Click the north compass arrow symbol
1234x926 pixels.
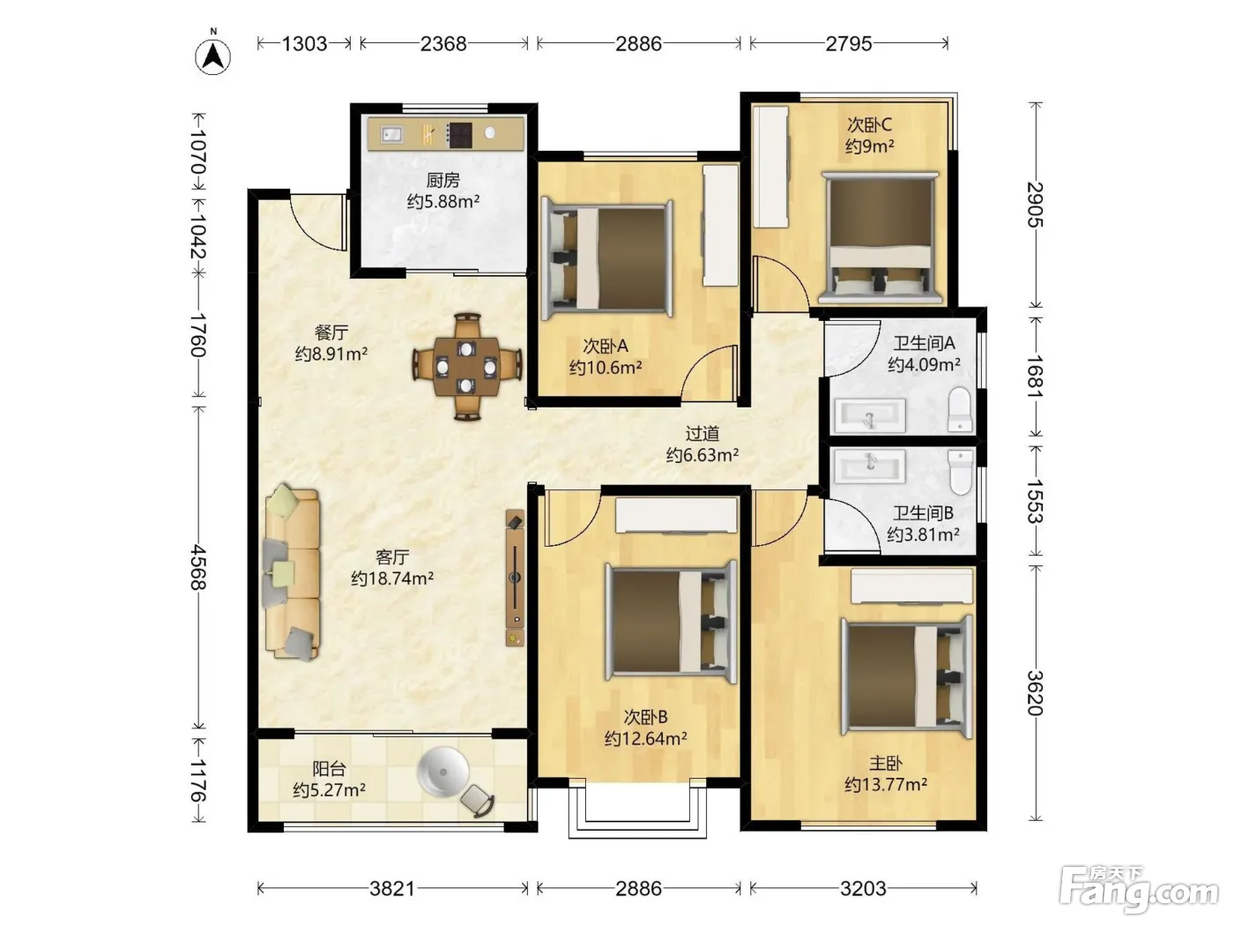(x=213, y=55)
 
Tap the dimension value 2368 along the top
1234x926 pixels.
(x=443, y=44)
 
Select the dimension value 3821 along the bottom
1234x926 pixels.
(x=392, y=888)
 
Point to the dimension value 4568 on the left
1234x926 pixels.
(x=198, y=567)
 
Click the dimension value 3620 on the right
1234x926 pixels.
(x=1035, y=693)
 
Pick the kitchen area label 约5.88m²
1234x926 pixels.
(x=443, y=201)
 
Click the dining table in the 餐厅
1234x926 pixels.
(x=466, y=367)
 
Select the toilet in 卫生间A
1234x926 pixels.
(x=960, y=409)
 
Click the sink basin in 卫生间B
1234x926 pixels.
(x=870, y=467)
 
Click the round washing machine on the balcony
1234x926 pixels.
(x=443, y=773)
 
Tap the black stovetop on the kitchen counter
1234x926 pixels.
(x=460, y=135)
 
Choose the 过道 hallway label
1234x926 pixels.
(x=702, y=434)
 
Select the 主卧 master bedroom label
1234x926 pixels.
(x=886, y=763)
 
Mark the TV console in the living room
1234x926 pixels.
(x=515, y=578)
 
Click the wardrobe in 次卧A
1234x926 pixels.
(x=721, y=225)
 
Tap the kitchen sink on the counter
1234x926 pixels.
(x=392, y=134)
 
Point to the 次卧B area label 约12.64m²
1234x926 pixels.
(x=645, y=738)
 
